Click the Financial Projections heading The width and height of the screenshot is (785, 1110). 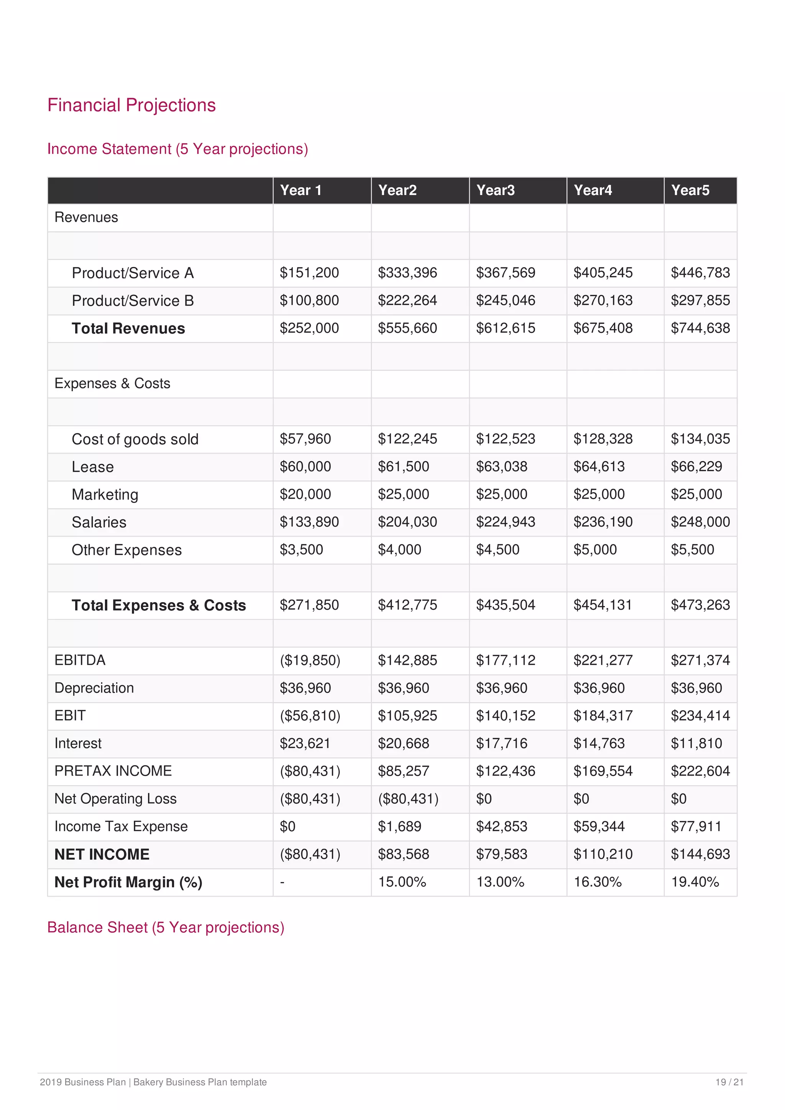click(131, 105)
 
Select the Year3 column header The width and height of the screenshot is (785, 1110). click(495, 190)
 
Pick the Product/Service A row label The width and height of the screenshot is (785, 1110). click(133, 273)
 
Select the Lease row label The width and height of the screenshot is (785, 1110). click(92, 467)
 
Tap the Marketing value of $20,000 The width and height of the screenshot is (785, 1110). click(305, 494)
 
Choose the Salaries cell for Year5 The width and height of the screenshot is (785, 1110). click(700, 522)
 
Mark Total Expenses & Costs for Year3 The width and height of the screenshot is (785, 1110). click(506, 605)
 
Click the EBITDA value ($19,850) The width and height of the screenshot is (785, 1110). click(310, 660)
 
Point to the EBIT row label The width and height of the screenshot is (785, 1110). click(70, 715)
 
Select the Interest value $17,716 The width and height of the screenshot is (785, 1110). click(502, 743)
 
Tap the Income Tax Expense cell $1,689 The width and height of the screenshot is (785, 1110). click(399, 826)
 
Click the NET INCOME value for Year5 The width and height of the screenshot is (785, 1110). click(700, 854)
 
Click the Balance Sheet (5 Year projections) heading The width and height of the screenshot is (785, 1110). click(166, 927)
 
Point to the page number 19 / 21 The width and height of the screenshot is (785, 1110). click(729, 1082)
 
